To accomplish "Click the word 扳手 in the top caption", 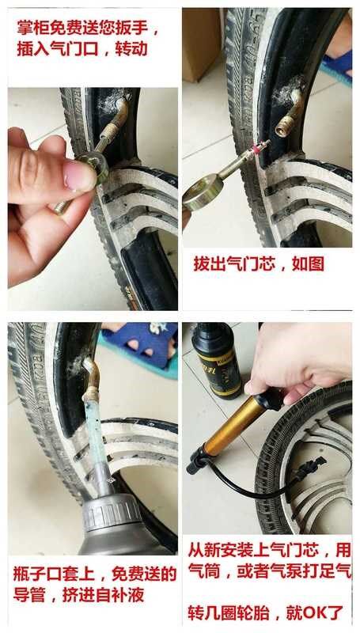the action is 135,28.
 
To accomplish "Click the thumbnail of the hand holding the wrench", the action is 93,199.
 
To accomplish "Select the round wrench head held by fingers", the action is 94,166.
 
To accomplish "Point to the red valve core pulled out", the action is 255,147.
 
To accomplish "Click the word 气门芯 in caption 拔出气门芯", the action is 251,264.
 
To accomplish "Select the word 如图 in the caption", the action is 308,264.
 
